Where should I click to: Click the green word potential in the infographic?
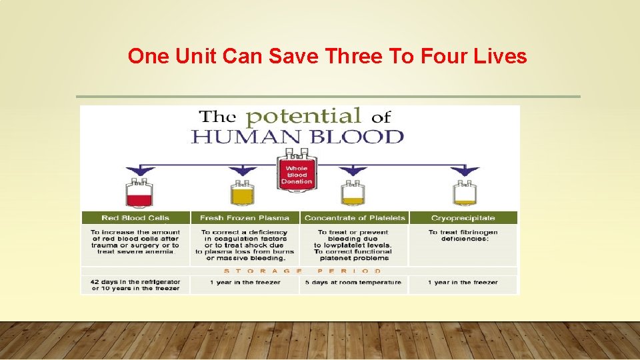(303, 117)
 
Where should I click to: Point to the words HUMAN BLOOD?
(297, 137)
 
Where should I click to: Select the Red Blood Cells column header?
(135, 218)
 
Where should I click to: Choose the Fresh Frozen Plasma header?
(245, 218)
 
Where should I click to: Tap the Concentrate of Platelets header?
(354, 218)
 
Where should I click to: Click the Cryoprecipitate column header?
(463, 218)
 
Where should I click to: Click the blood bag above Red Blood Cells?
(139, 193)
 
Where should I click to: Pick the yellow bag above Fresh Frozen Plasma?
(243, 193)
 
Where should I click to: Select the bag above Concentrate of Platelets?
(353, 193)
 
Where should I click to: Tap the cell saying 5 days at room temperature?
(354, 283)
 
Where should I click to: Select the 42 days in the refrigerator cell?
(135, 285)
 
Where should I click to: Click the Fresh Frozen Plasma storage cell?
(245, 283)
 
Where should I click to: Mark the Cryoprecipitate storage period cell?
(463, 283)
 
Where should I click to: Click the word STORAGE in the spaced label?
(263, 271)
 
